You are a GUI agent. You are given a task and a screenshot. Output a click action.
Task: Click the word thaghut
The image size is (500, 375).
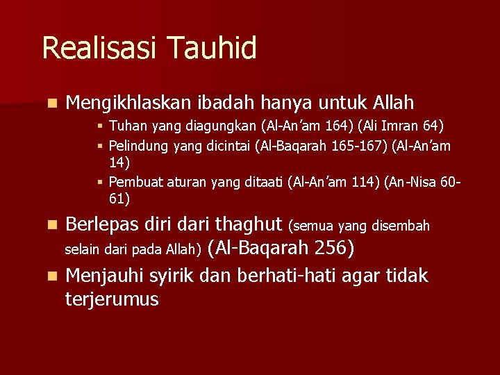(x=249, y=224)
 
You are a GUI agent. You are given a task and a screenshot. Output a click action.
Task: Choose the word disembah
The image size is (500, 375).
(x=401, y=226)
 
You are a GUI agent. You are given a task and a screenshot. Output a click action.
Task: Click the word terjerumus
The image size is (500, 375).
(x=112, y=299)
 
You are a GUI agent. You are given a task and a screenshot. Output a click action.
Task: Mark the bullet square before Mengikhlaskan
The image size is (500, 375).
(x=51, y=104)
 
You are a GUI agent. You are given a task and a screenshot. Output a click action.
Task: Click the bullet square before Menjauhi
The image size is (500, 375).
(x=51, y=276)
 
